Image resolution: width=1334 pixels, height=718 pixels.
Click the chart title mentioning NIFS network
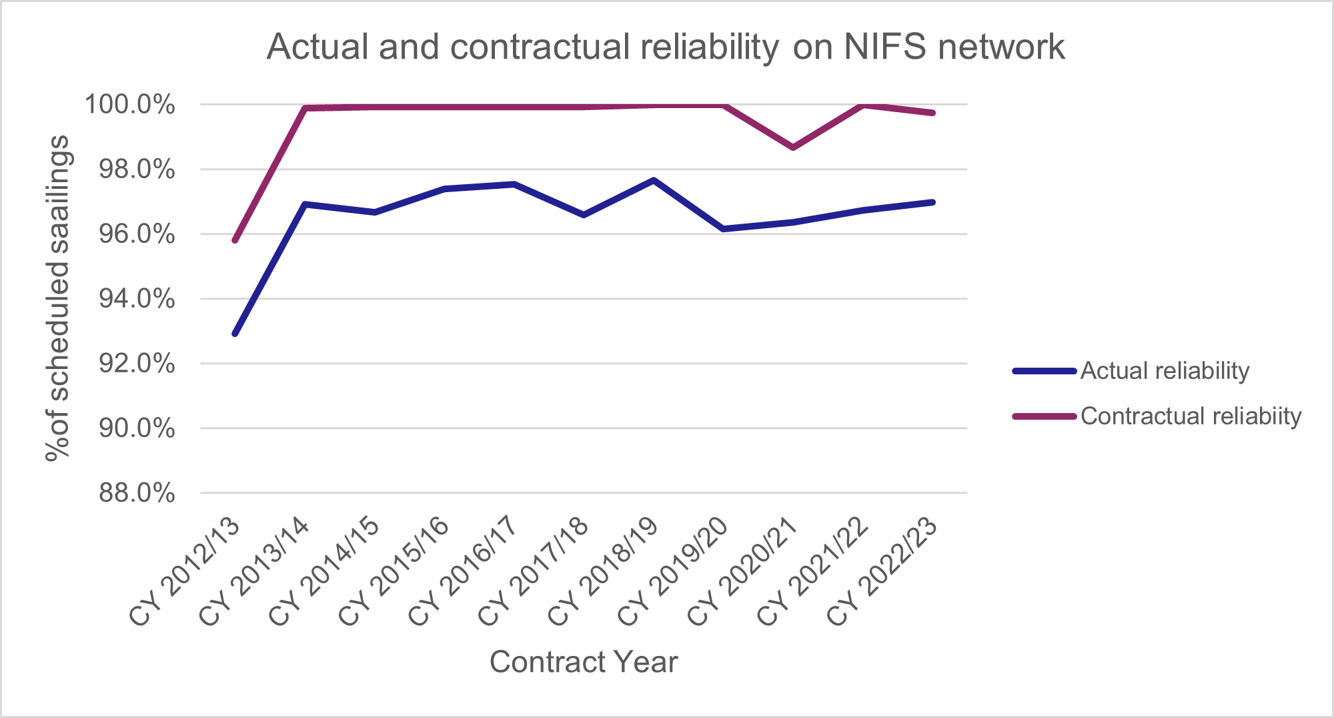(665, 47)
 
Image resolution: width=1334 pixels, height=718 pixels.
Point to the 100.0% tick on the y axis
(129, 105)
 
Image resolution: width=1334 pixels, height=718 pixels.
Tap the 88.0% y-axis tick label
(137, 493)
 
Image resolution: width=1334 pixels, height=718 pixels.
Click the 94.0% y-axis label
(137, 299)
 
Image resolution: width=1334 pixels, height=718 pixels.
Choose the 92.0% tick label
(137, 364)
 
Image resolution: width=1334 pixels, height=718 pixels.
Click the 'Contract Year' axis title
(584, 662)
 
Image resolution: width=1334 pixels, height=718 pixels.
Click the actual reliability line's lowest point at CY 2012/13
(235, 334)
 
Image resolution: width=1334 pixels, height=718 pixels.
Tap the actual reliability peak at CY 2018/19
(654, 180)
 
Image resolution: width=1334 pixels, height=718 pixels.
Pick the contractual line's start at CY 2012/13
(235, 240)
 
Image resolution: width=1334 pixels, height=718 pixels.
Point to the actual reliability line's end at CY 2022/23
(932, 202)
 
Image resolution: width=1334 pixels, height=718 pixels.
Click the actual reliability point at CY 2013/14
(305, 204)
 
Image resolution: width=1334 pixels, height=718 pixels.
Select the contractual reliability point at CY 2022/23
(932, 113)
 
